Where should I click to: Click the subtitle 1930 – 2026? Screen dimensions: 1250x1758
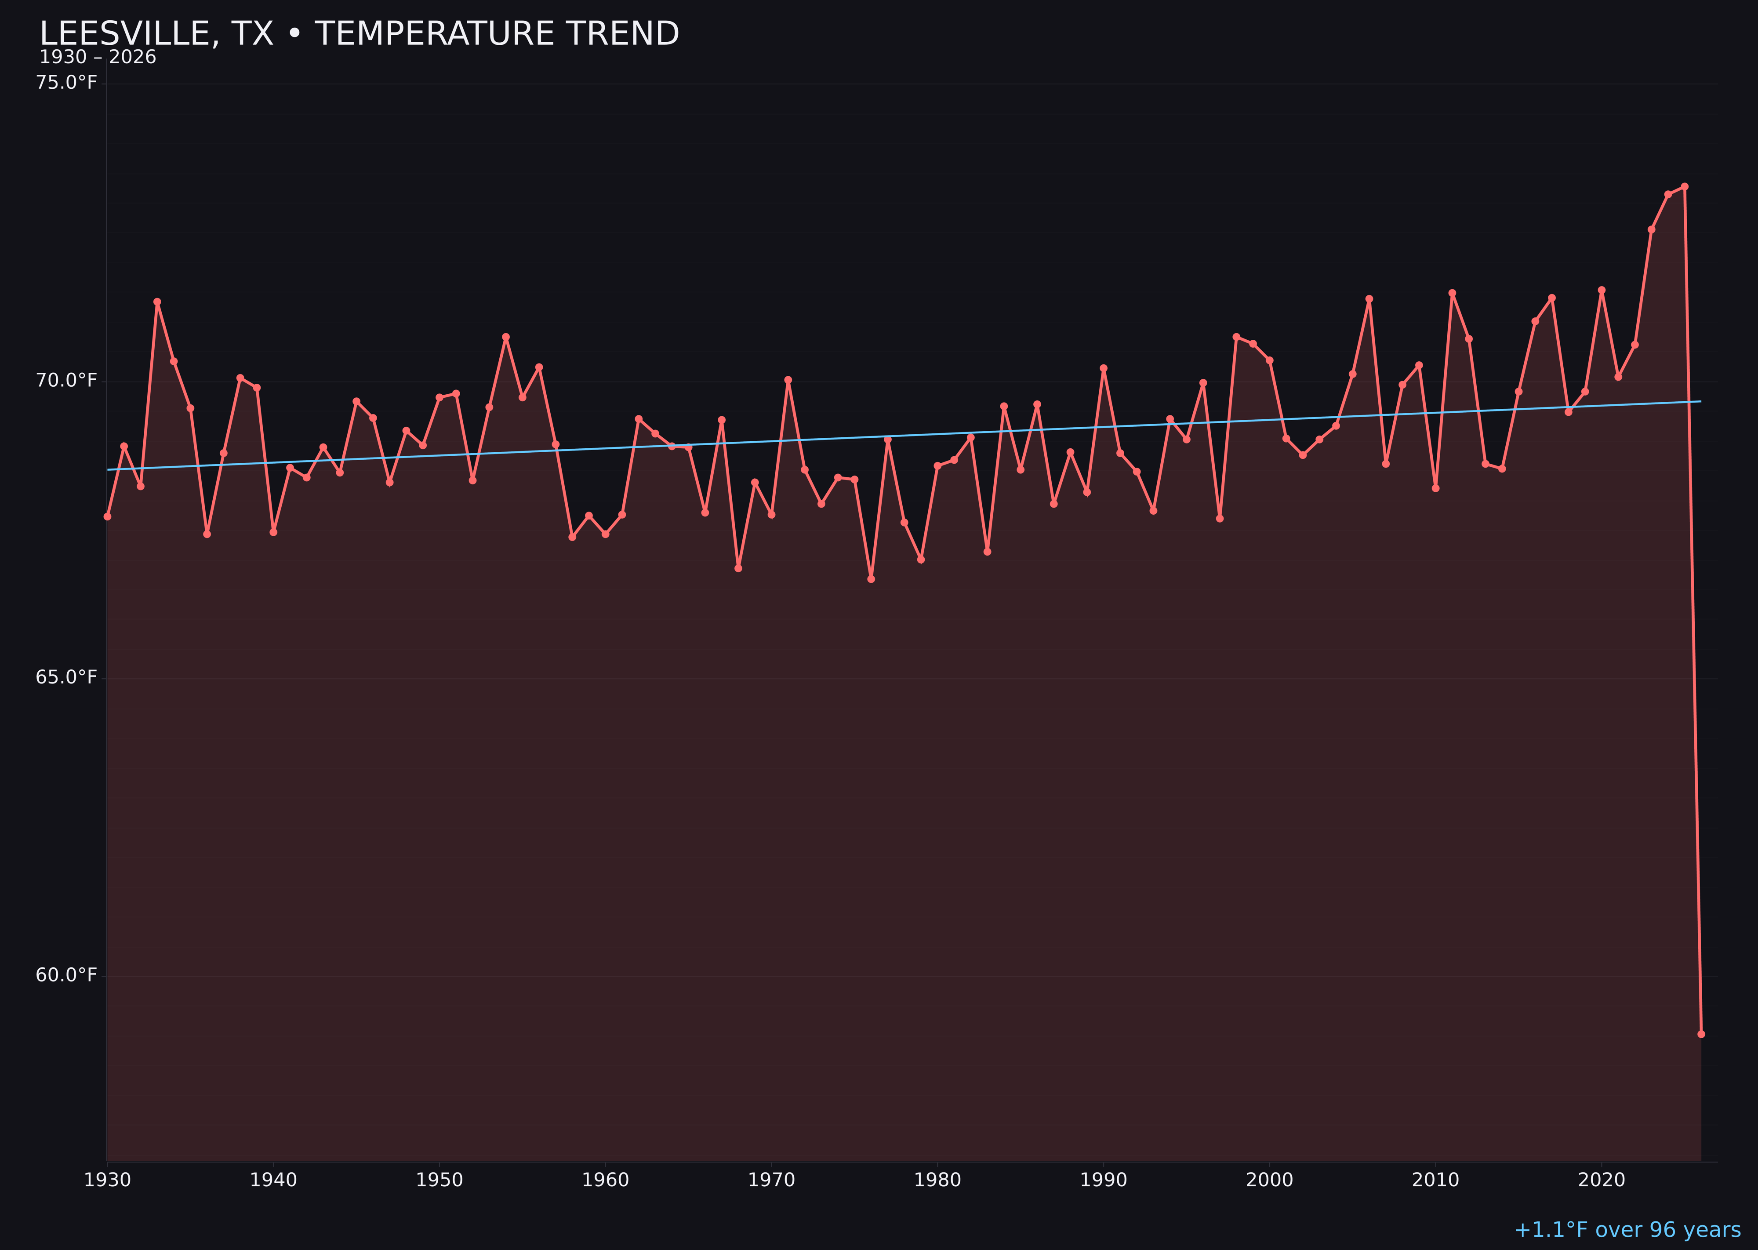pos(98,58)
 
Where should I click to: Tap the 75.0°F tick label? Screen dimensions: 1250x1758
pos(66,82)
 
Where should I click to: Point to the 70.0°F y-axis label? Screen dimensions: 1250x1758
pos(66,380)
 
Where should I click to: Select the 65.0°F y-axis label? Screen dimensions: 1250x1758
pos(66,677)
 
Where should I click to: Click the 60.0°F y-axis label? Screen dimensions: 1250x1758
pos(66,975)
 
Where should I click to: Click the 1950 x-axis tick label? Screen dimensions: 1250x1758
pos(439,1180)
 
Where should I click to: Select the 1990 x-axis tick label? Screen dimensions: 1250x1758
pos(1103,1180)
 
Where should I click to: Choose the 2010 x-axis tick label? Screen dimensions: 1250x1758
pos(1435,1180)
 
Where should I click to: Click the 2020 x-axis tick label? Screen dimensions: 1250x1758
pos(1601,1180)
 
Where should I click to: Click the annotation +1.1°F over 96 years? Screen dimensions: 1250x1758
pos(1627,1230)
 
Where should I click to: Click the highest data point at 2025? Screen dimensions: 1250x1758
pos(1684,186)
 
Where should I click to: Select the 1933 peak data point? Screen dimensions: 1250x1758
pos(157,302)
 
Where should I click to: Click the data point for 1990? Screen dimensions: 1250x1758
pos(1103,368)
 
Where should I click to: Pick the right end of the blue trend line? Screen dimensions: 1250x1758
pos(1700,401)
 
